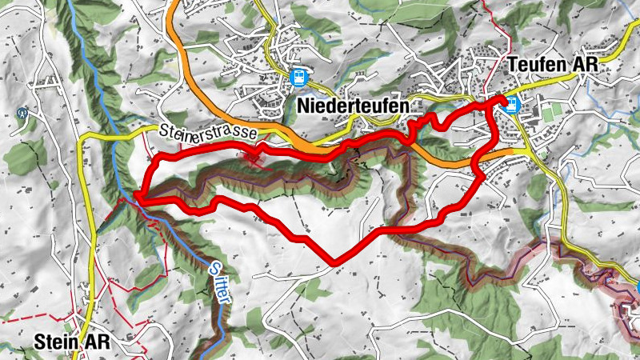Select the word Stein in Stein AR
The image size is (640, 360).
(x=58, y=342)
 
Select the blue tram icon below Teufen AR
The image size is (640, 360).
(x=510, y=104)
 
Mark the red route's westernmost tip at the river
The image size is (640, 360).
(x=138, y=194)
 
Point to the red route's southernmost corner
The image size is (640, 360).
(x=333, y=262)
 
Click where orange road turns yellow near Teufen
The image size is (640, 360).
(x=516, y=150)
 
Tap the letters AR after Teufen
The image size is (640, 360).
(x=586, y=66)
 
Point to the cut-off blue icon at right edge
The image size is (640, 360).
(x=638, y=288)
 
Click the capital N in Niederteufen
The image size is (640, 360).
(x=302, y=106)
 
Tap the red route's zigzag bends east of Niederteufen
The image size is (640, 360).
(x=420, y=124)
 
